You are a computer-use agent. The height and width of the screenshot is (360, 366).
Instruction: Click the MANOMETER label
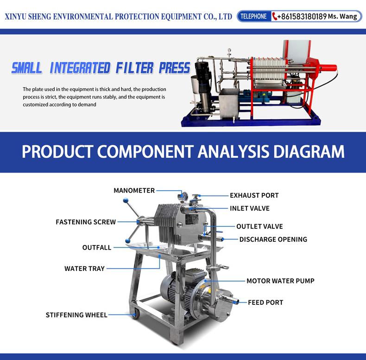134,191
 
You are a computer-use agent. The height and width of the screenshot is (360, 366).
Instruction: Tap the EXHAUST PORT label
254,195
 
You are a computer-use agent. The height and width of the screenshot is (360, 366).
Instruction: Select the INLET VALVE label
250,208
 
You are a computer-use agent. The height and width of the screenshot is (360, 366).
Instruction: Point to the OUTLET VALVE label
259,226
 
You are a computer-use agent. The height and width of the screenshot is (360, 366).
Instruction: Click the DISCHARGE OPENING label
273,239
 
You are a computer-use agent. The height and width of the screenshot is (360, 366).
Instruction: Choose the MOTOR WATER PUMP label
281,281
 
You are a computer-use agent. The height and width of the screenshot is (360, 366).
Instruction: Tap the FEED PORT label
265,302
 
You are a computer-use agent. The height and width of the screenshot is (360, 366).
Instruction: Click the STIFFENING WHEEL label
76,315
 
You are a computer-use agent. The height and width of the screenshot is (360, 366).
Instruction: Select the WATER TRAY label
84,269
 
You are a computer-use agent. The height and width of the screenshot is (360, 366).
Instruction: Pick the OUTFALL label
97,247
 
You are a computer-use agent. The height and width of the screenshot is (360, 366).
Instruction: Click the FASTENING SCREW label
86,222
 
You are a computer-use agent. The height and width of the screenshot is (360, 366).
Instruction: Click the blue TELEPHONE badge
254,16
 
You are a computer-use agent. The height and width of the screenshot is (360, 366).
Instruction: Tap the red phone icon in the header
274,16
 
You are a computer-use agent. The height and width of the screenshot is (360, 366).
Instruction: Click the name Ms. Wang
342,16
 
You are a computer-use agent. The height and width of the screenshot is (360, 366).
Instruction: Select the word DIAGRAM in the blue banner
309,152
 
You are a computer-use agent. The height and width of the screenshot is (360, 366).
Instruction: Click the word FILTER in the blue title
135,68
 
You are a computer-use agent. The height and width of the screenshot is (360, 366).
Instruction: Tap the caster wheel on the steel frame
135,315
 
